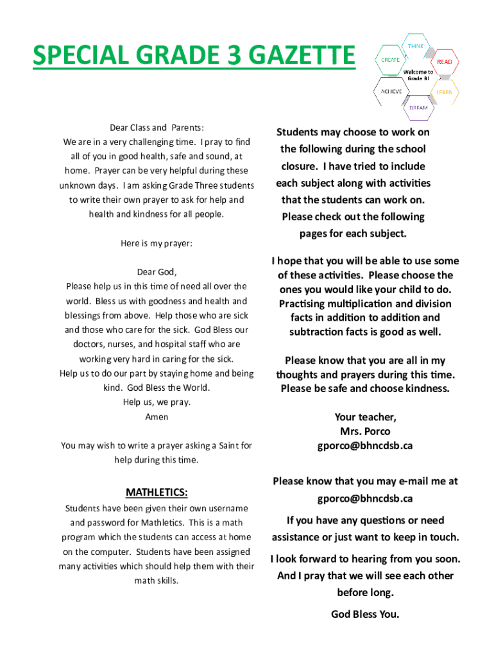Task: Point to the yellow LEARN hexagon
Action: [x=444, y=92]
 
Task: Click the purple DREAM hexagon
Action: [x=418, y=107]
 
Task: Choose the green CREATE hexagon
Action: [x=391, y=59]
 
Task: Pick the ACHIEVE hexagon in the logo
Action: [x=391, y=91]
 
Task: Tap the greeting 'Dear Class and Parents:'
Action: [x=157, y=128]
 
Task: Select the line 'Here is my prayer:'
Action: [x=157, y=244]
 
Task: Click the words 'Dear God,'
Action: [x=157, y=272]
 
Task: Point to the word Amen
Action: [x=157, y=417]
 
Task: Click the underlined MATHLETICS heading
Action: [x=157, y=493]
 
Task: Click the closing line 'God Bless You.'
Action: [x=365, y=615]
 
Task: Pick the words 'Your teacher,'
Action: [x=365, y=418]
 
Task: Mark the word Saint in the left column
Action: [x=229, y=445]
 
